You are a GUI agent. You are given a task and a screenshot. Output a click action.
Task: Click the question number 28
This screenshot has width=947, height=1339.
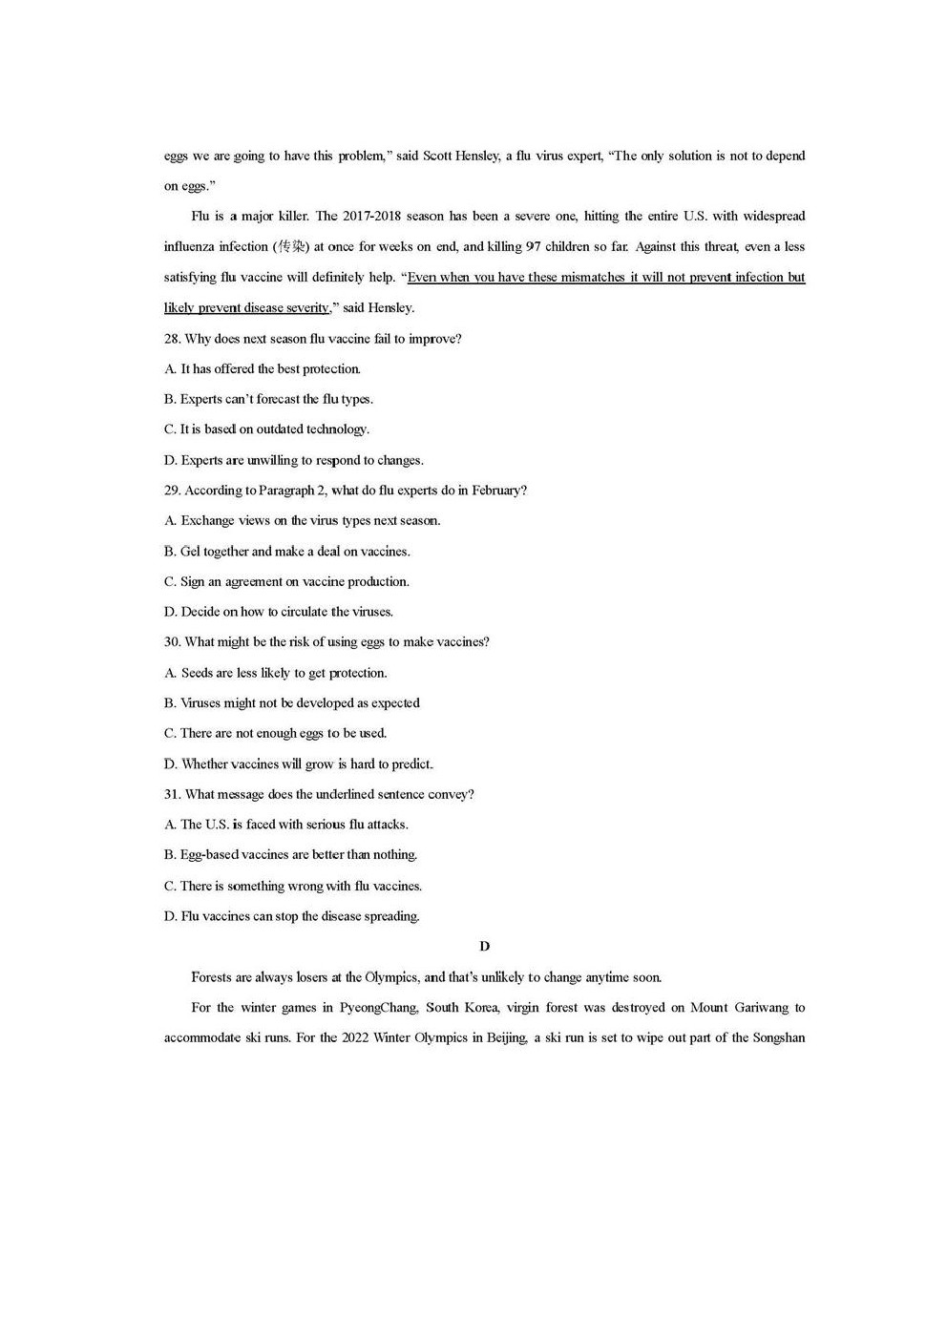(x=172, y=339)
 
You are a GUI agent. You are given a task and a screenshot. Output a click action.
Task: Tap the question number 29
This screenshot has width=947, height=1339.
(x=172, y=491)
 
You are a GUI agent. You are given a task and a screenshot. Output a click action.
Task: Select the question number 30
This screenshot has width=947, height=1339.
(x=172, y=642)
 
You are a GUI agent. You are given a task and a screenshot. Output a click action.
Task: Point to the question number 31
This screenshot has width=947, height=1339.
(x=172, y=794)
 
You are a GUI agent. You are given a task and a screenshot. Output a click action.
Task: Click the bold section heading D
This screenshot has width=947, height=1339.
(x=484, y=946)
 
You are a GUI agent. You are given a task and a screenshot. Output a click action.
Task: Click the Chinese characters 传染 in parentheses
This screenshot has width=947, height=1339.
(x=291, y=247)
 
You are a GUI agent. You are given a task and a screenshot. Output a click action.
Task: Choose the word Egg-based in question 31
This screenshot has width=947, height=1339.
(x=209, y=855)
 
